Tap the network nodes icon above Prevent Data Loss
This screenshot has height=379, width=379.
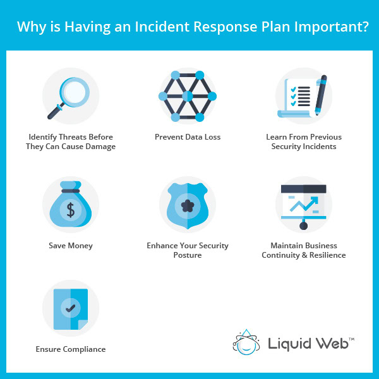(x=188, y=97)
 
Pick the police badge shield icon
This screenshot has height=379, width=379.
(x=188, y=205)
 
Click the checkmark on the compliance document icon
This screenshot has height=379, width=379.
(x=71, y=309)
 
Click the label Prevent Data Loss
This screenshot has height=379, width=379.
(x=188, y=136)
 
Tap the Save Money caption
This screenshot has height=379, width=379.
(x=71, y=246)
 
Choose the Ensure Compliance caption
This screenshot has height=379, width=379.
(x=71, y=349)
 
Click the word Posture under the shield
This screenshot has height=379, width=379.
(x=188, y=255)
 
